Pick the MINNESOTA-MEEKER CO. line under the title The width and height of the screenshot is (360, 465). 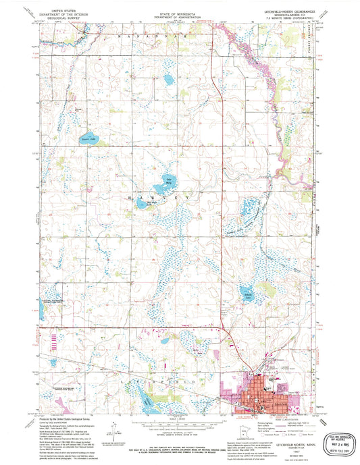(288, 16)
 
